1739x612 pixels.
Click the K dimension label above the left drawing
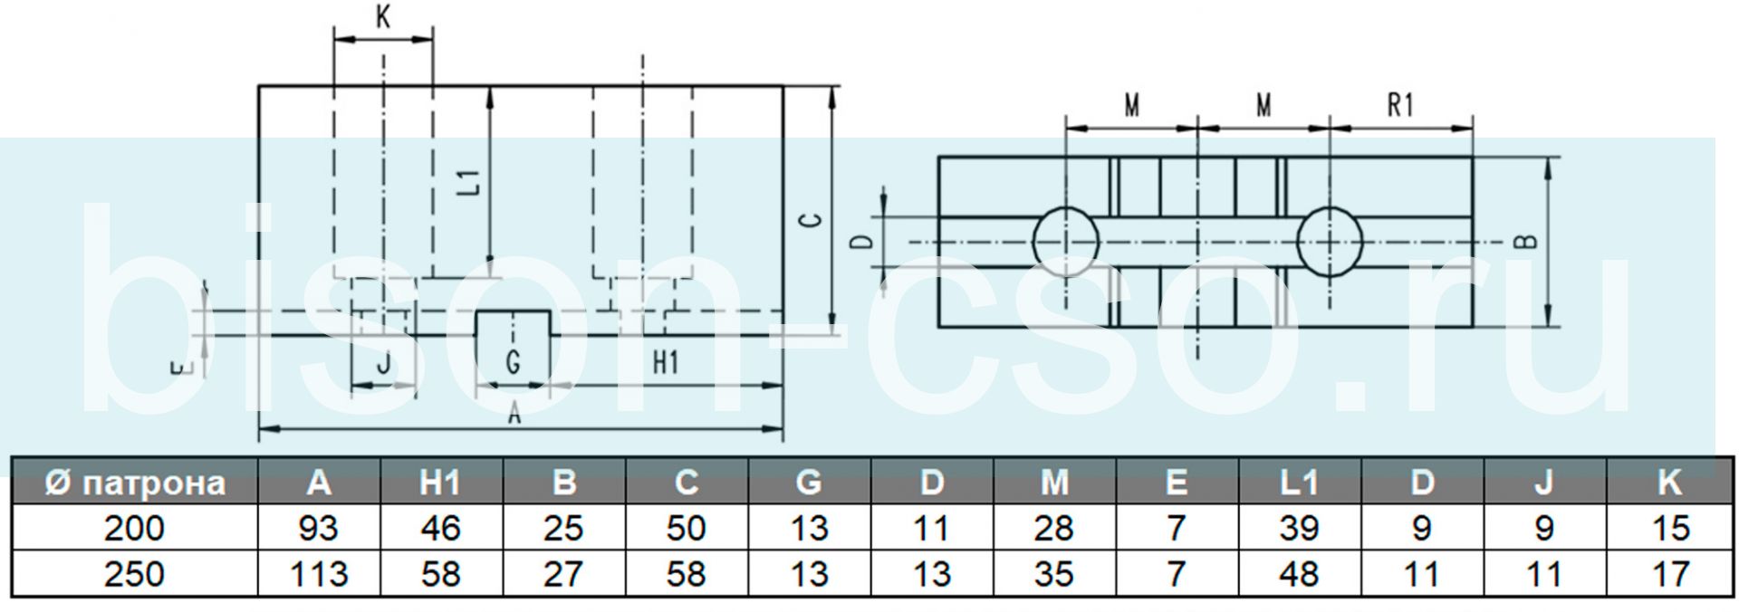pyautogui.click(x=383, y=16)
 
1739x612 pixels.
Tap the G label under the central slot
pyautogui.click(x=513, y=362)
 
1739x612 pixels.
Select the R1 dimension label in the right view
pyautogui.click(x=1400, y=105)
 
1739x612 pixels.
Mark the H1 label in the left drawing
pyautogui.click(x=666, y=362)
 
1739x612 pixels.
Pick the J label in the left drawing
pyautogui.click(x=383, y=364)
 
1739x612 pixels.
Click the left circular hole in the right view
pyautogui.click(x=1066, y=242)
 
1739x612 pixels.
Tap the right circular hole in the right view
pyautogui.click(x=1329, y=242)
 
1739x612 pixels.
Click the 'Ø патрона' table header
pyautogui.click(x=135, y=483)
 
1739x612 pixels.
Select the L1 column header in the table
pyautogui.click(x=1299, y=483)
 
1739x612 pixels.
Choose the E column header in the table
pyautogui.click(x=1177, y=483)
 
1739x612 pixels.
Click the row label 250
pyautogui.click(x=134, y=574)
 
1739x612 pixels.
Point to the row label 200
pyautogui.click(x=134, y=528)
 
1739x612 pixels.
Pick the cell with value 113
pyautogui.click(x=319, y=574)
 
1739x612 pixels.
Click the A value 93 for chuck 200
pyautogui.click(x=319, y=528)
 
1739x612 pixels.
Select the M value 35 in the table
pyautogui.click(x=1053, y=574)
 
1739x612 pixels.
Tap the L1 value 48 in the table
pyautogui.click(x=1299, y=574)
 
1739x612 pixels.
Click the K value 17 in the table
pyautogui.click(x=1669, y=574)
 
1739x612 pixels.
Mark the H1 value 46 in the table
pyautogui.click(x=441, y=528)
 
